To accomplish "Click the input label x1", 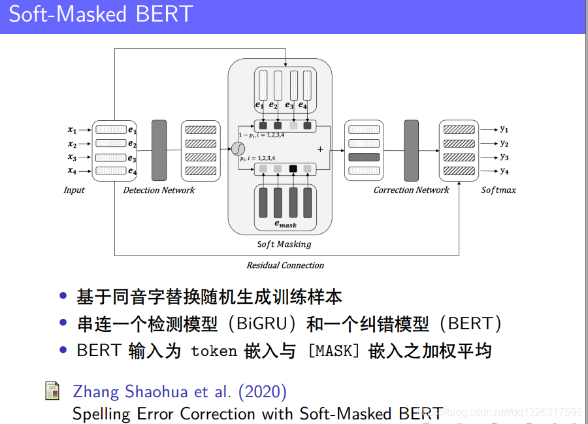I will point(72,130).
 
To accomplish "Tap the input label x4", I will point(72,171).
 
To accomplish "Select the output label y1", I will point(504,129).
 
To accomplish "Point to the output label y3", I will point(504,157).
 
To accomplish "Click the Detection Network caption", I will point(159,190).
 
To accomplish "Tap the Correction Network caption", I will point(411,190).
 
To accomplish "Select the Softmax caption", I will point(498,190).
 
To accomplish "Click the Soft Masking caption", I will point(284,244).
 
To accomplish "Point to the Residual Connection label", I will point(285,265).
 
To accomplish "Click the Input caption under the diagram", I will point(74,190).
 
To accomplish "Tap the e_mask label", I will point(285,224).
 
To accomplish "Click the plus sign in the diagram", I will point(320,150).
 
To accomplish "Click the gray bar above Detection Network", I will point(159,150).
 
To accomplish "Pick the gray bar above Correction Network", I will point(411,150).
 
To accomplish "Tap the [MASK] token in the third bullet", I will point(334,351).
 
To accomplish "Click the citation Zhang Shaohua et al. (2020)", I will point(180,391).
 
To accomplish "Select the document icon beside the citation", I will point(52,391).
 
